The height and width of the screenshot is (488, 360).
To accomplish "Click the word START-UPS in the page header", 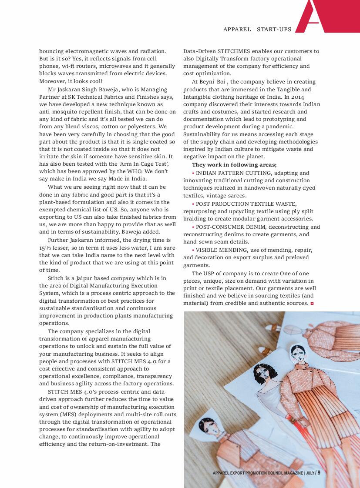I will pyautogui.click(x=274, y=30).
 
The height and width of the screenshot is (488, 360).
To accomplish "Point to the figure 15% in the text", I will pyautogui.click(x=46, y=247).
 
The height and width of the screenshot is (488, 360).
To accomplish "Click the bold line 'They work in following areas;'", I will pyautogui.click(x=234, y=165).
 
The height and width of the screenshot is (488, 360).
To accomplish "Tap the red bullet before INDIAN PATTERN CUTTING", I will pyautogui.click(x=193, y=173).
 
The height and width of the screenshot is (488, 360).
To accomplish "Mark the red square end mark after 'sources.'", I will pyautogui.click(x=312, y=303).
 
